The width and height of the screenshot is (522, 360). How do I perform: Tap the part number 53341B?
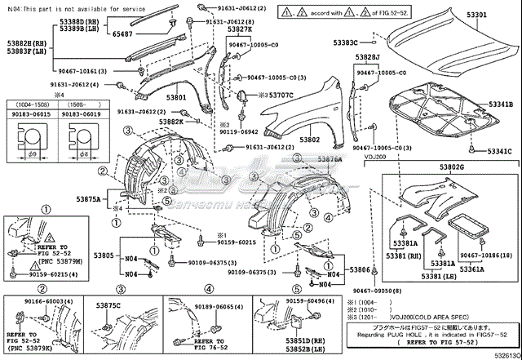click(499, 104)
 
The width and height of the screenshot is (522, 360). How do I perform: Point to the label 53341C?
click(499, 152)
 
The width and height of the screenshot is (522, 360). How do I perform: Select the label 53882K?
click(171, 121)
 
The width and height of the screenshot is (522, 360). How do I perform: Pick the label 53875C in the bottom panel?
click(108, 305)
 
